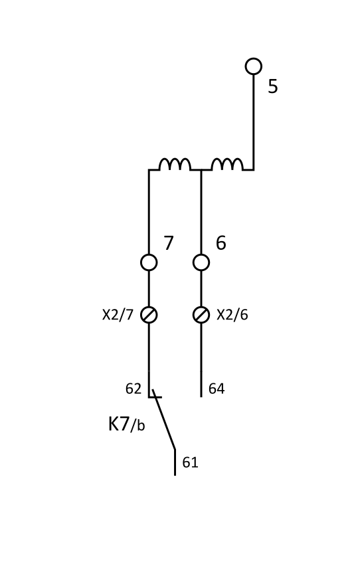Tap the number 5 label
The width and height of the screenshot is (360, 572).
tap(273, 86)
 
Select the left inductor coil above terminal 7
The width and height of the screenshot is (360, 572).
tap(175, 165)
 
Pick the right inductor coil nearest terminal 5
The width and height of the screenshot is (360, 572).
tap(227, 165)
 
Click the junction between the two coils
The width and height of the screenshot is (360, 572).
tap(201, 170)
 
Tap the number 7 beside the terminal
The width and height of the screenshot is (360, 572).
tap(168, 242)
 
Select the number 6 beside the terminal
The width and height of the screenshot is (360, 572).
tap(221, 242)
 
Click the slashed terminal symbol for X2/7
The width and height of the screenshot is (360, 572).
tap(149, 315)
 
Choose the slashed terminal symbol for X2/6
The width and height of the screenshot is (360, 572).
tap(201, 315)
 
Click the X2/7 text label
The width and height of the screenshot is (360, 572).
tap(118, 315)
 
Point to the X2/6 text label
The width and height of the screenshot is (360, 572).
tap(232, 315)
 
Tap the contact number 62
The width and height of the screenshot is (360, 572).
tap(133, 389)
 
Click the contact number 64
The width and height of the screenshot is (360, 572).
tap(217, 389)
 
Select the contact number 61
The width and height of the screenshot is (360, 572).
tap(190, 462)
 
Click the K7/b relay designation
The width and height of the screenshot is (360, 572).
tap(127, 425)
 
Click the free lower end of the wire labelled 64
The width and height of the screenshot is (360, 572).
tap(201, 397)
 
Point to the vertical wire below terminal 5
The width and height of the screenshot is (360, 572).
tap(254, 122)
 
